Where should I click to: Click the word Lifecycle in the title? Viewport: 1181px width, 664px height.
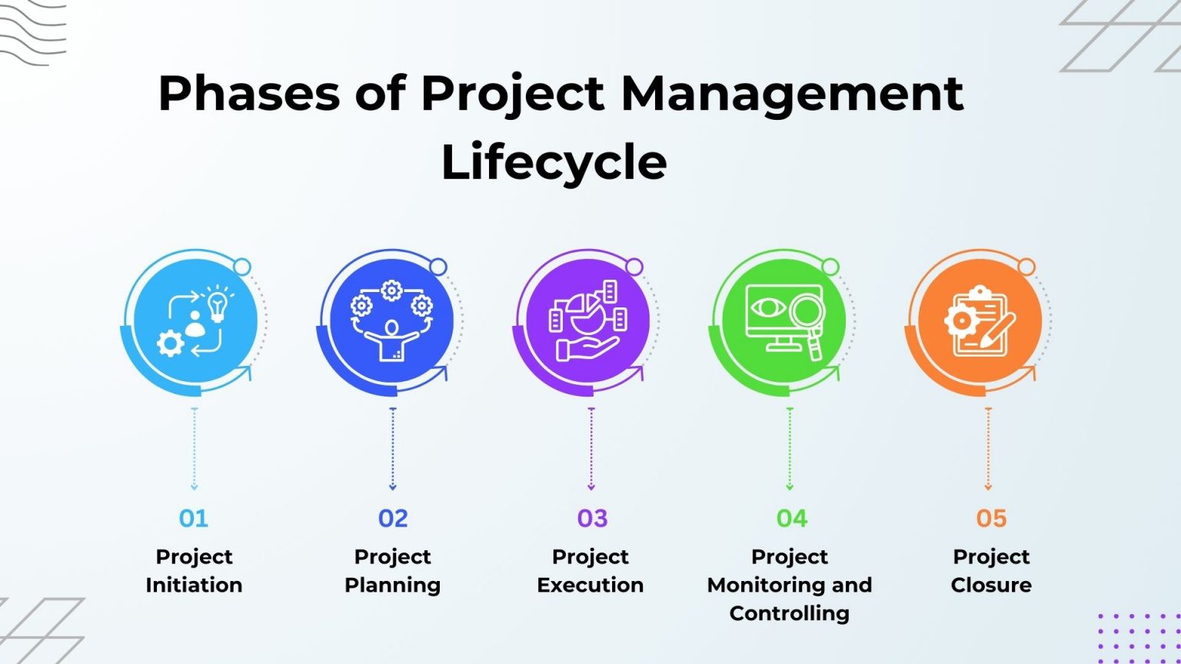(554, 162)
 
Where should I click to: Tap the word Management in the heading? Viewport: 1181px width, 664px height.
(791, 94)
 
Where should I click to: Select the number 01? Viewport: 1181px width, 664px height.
(194, 519)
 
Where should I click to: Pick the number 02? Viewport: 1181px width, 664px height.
(393, 519)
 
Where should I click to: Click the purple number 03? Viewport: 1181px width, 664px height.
(592, 519)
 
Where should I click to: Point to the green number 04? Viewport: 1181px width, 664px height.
(791, 519)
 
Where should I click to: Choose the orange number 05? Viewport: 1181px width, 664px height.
(991, 519)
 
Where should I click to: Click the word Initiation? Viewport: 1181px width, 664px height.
(194, 585)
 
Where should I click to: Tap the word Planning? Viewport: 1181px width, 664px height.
(393, 585)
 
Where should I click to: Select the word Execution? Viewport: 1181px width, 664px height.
(590, 585)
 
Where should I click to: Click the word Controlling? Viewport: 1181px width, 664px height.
(790, 613)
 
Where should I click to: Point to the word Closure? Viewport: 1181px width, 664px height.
(991, 585)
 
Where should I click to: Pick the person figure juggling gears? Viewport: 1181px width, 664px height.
(392, 338)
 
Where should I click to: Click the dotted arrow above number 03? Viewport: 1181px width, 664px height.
(591, 449)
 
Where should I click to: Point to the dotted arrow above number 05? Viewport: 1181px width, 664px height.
(988, 449)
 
